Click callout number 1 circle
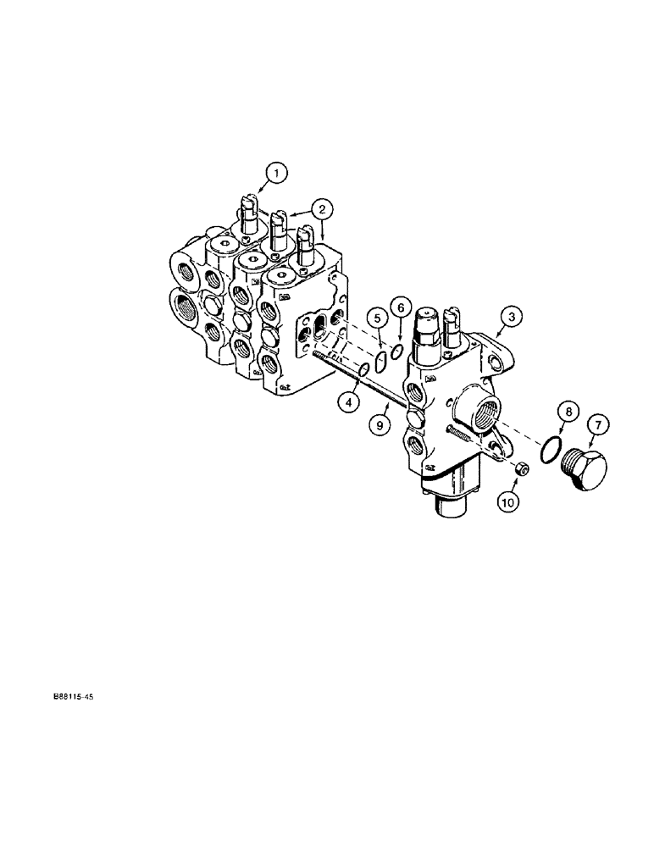pyautogui.click(x=274, y=174)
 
